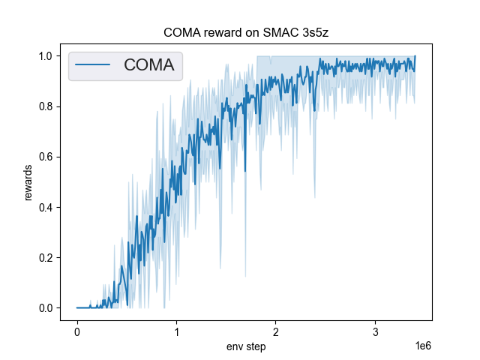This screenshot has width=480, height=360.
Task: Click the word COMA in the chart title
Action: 181,34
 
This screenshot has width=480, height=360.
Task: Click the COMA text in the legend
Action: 148,65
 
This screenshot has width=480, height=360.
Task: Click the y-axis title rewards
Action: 28,182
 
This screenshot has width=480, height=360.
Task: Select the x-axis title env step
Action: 246,347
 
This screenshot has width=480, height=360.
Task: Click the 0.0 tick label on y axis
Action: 45,308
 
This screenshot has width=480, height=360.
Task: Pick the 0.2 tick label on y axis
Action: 45,258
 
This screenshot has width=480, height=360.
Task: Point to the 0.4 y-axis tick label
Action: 45,208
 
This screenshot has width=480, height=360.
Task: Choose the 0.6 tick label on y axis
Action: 45,157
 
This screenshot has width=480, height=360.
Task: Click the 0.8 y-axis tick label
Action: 45,106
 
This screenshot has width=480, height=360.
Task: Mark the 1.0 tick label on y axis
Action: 45,56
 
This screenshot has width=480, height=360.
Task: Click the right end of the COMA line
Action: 415,56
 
